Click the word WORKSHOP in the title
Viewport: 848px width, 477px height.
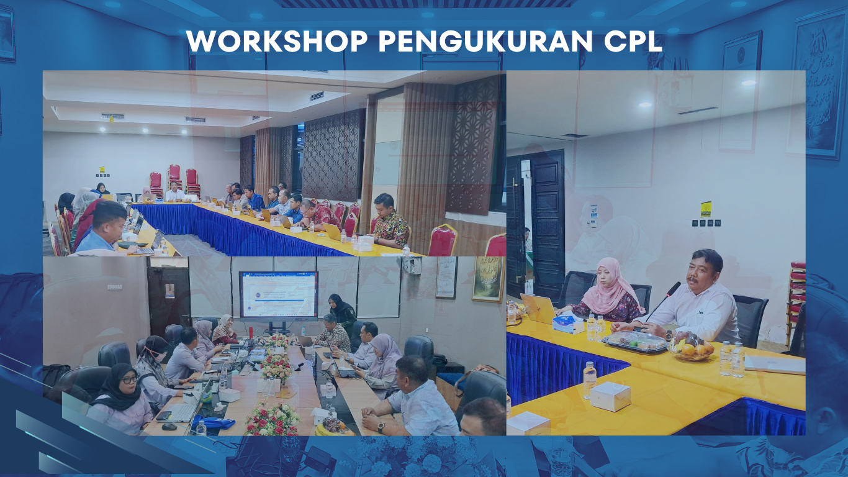coord(277,41)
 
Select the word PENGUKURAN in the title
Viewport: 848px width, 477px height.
coord(485,41)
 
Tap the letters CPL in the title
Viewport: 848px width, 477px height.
coord(633,41)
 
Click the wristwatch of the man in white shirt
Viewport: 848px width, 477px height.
coord(669,336)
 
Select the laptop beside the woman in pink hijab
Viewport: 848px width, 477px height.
coord(538,309)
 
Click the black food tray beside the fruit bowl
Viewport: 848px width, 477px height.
coord(634,342)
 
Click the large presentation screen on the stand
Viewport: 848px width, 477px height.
coord(278,295)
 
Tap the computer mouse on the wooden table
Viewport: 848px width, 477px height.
coord(169,427)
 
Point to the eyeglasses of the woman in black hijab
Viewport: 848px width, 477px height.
coord(129,379)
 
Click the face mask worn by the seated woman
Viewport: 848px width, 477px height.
coord(161,356)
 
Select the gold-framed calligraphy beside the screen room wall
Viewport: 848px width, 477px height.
coord(489,279)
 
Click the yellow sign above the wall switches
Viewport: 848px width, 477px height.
coord(706,209)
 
